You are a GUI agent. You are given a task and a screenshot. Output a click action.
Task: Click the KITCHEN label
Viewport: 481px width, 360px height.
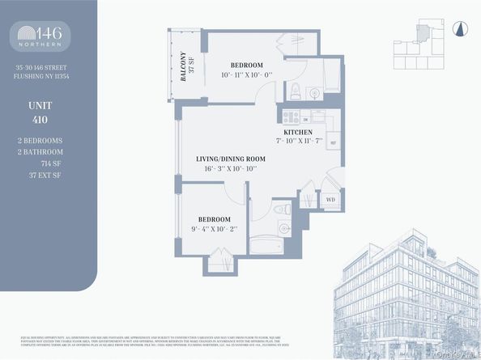click(298, 132)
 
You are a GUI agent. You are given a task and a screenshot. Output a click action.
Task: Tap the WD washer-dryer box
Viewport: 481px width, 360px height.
click(330, 198)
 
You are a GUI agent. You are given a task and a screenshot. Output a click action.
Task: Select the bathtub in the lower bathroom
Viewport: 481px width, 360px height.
click(267, 246)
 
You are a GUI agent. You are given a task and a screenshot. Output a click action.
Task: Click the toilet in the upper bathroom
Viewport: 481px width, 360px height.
click(296, 91)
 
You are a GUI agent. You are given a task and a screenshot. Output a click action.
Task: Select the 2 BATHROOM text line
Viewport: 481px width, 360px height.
click(48, 151)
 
